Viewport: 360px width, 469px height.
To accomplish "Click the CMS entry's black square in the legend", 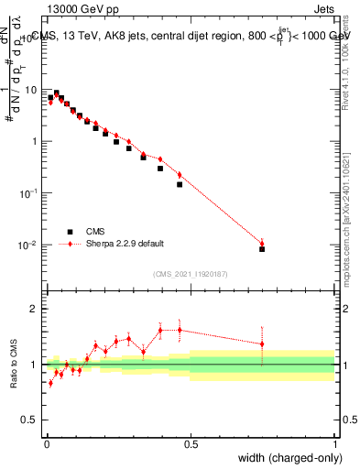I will click(70, 232).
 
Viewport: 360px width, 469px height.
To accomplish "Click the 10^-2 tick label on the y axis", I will click(27, 245).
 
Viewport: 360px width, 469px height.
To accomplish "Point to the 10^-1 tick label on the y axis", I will click(27, 193).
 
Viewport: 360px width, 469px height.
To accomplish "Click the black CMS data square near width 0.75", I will click(262, 248).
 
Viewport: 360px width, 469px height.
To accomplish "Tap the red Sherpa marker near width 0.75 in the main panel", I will click(262, 243).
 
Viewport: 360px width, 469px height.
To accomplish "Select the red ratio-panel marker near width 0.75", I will click(262, 344).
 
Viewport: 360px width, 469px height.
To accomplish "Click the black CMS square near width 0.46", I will click(180, 184).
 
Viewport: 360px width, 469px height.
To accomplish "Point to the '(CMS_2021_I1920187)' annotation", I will click(191, 274).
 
